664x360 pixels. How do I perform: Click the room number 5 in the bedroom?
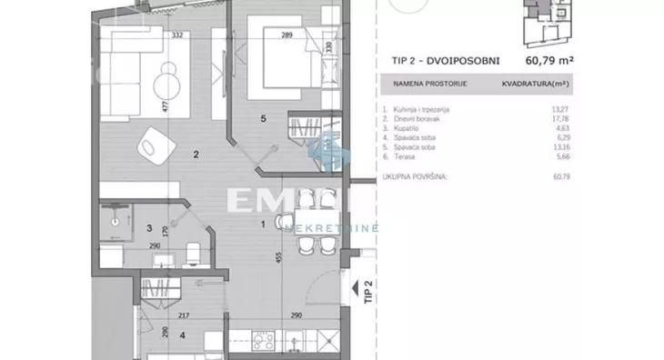pos(263,118)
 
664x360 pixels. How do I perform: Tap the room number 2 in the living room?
pos(196,155)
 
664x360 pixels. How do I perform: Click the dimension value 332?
pos(177,35)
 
